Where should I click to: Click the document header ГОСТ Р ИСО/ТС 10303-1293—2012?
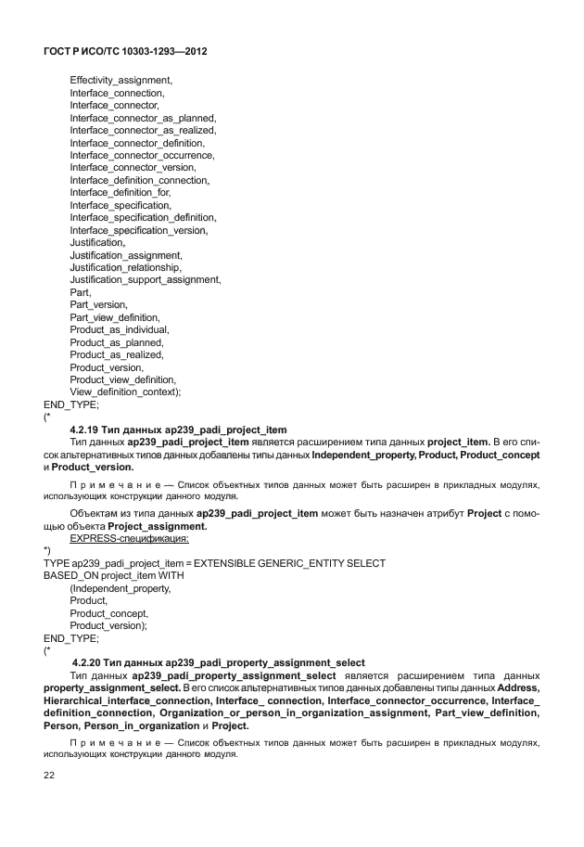click(124, 53)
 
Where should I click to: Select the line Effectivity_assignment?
click(121, 81)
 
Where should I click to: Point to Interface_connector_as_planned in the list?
click(143, 118)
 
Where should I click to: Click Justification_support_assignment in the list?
click(146, 279)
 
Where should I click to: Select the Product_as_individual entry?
click(120, 329)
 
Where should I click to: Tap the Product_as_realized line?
click(117, 354)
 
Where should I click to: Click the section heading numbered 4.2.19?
click(178, 430)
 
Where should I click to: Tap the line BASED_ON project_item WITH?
click(114, 575)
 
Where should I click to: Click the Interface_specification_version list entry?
click(138, 230)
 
